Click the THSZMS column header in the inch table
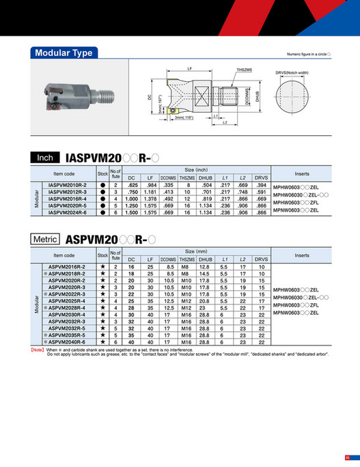[x=186, y=178]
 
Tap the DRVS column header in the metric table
[x=261, y=260]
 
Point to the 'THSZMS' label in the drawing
[x=244, y=70]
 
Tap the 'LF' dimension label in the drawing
[x=189, y=68]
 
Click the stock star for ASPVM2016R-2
[x=102, y=266]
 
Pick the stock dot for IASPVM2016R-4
[x=102, y=199]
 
